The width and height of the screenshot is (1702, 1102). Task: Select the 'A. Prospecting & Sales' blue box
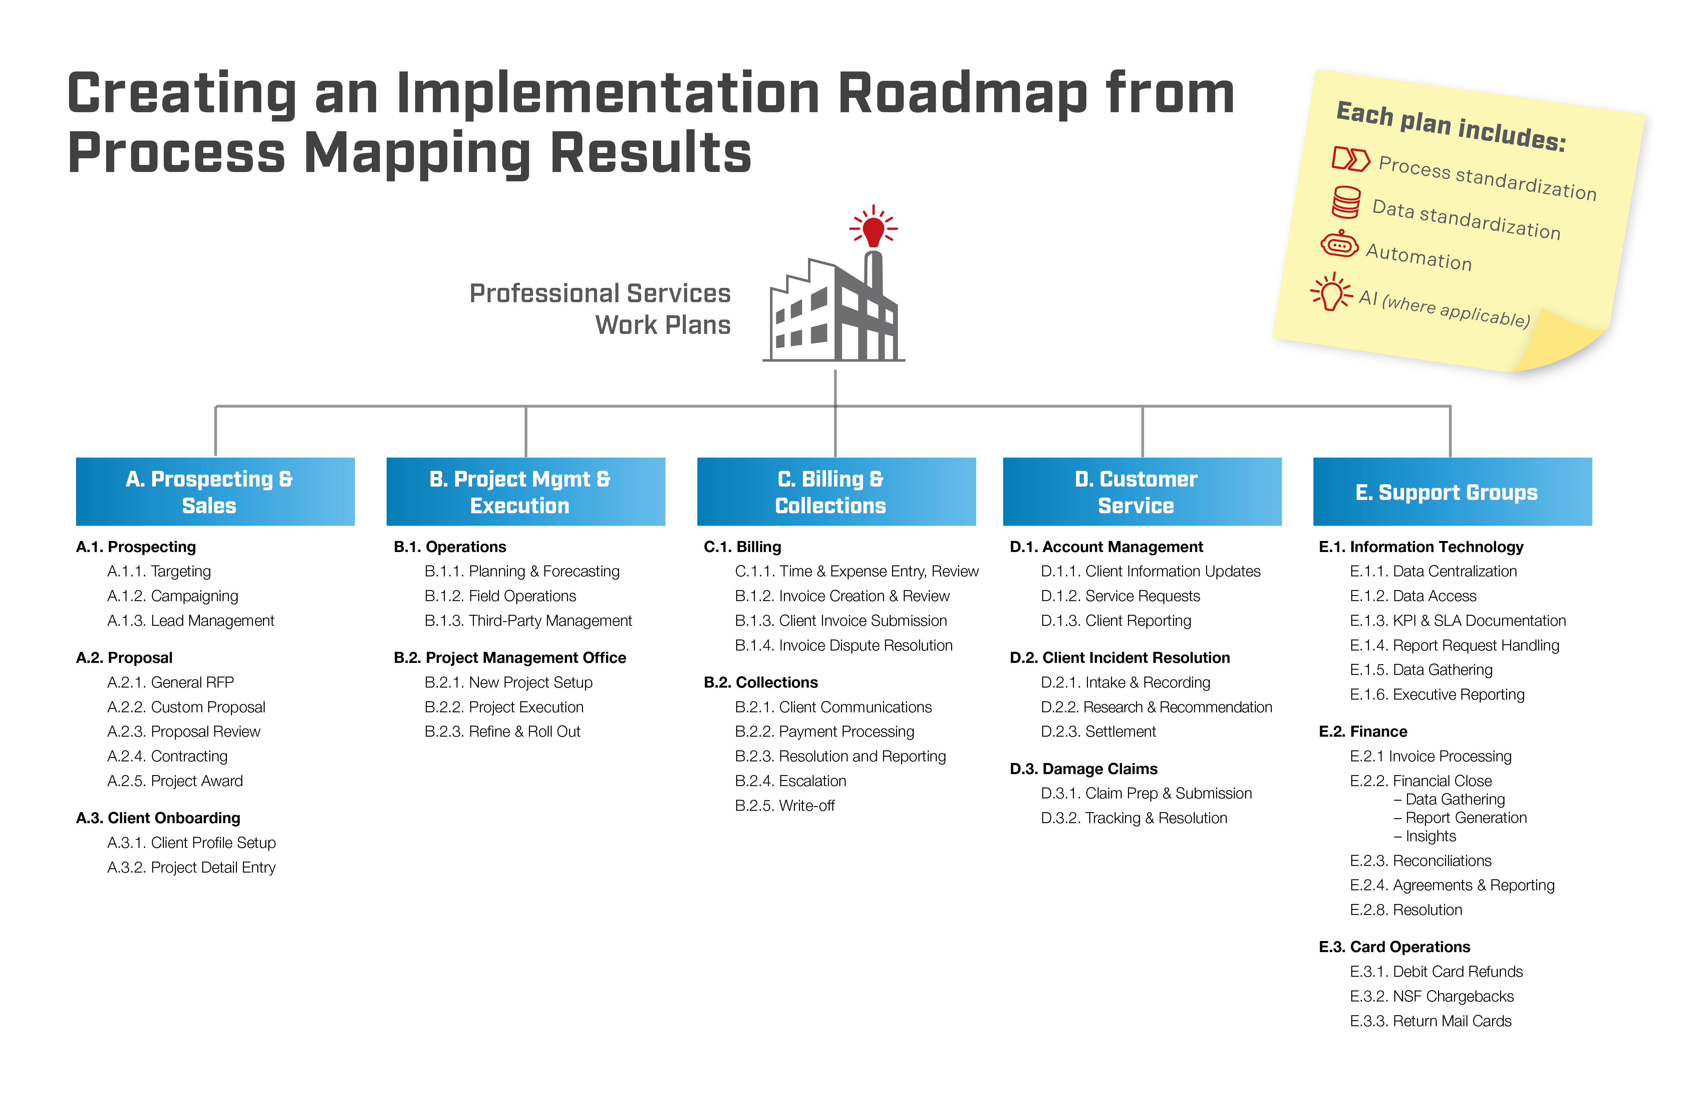click(215, 492)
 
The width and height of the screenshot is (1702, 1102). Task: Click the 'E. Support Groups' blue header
click(1452, 492)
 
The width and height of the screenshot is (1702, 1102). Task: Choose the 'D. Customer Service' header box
click(1142, 492)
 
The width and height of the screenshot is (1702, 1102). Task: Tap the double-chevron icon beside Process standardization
click(1351, 159)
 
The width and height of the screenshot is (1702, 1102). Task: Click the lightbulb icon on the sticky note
click(1331, 292)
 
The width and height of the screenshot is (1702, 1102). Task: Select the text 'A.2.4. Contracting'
click(167, 756)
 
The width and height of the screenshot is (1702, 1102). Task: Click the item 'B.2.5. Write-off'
click(785, 806)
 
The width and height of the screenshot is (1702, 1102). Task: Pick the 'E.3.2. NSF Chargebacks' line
click(1432, 996)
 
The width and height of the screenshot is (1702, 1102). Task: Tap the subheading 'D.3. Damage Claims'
click(1083, 768)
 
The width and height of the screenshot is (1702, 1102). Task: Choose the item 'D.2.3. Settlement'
click(1098, 731)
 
